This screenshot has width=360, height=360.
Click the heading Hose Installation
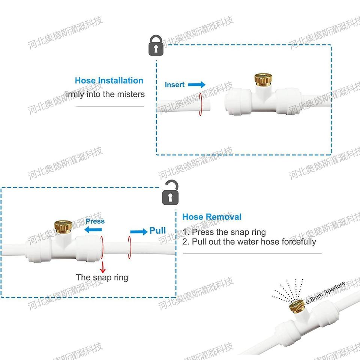click(109, 81)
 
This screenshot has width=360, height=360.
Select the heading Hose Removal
click(212, 217)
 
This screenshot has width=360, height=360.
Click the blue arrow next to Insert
click(196, 85)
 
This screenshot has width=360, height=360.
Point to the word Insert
click(175, 85)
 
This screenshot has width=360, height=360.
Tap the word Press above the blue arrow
click(95, 221)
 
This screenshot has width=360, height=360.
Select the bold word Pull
click(157, 230)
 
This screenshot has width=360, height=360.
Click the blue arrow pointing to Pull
click(139, 232)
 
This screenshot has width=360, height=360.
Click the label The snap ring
click(102, 277)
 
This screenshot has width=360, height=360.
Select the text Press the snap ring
click(224, 232)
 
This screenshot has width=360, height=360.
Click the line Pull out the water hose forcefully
click(249, 242)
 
